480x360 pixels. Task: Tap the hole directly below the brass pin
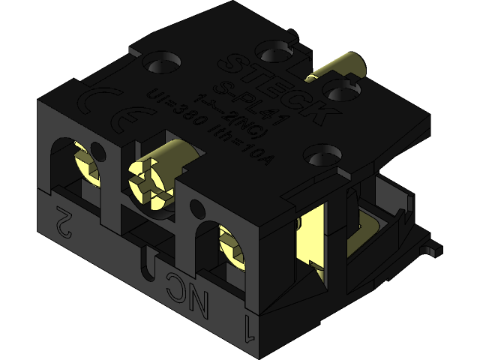click(x=343, y=93)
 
